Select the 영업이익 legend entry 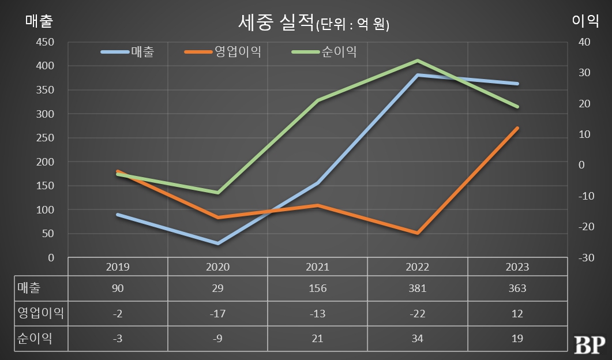click(x=237, y=52)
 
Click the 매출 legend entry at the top click(x=142, y=52)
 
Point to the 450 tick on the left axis click(x=44, y=42)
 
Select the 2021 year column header click(x=318, y=267)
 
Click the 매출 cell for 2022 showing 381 click(x=418, y=288)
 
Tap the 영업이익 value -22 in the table click(x=418, y=313)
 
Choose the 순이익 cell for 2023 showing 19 click(x=517, y=339)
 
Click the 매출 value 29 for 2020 click(x=218, y=288)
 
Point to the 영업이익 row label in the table click(x=41, y=313)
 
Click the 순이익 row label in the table click(x=35, y=339)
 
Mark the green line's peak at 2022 click(x=418, y=60)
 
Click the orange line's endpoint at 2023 click(x=517, y=128)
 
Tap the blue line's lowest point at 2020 click(x=218, y=243)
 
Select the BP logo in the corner click(x=589, y=344)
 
